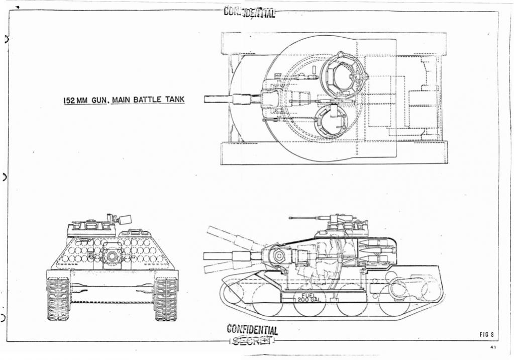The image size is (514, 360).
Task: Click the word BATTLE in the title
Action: point(147,100)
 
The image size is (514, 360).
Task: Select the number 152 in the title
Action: point(69,101)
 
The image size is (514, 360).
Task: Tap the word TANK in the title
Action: point(175,100)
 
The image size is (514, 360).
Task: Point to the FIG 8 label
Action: point(487,334)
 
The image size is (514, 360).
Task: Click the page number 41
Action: point(493,347)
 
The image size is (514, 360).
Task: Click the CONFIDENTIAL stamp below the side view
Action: point(252,330)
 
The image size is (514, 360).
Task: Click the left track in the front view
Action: point(59,299)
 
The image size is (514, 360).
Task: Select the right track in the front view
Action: point(165,299)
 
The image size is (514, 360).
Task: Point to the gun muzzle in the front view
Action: point(112,256)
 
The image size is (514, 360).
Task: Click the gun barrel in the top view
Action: point(221,99)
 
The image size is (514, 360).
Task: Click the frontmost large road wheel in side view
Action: point(267,301)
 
